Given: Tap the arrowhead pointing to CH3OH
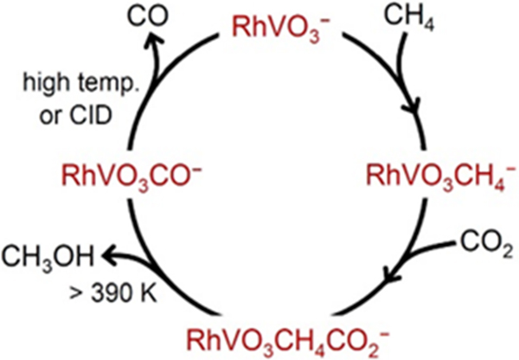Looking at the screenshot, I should click(109, 254).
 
